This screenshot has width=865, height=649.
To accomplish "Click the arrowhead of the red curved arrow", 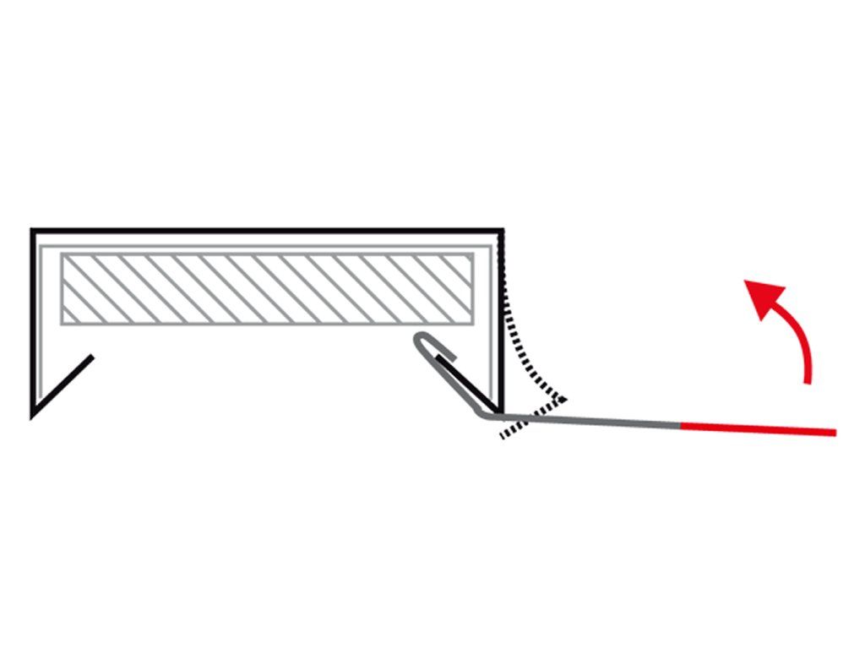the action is [x=760, y=296].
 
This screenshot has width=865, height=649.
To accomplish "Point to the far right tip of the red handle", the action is [x=835, y=434].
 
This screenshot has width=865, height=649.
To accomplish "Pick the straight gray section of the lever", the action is [x=591, y=420].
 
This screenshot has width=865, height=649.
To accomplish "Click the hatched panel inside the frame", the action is [x=266, y=288].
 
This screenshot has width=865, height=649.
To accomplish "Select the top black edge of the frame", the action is [x=267, y=231].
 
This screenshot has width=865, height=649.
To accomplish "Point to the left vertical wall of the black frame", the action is [x=33, y=321].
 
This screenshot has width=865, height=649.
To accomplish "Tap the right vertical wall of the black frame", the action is [x=502, y=321].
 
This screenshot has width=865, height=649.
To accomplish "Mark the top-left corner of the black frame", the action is [x=33, y=231].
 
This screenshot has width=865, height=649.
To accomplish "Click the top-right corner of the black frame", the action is [x=502, y=231].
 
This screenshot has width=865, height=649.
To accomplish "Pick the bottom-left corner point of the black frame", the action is [x=33, y=415].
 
